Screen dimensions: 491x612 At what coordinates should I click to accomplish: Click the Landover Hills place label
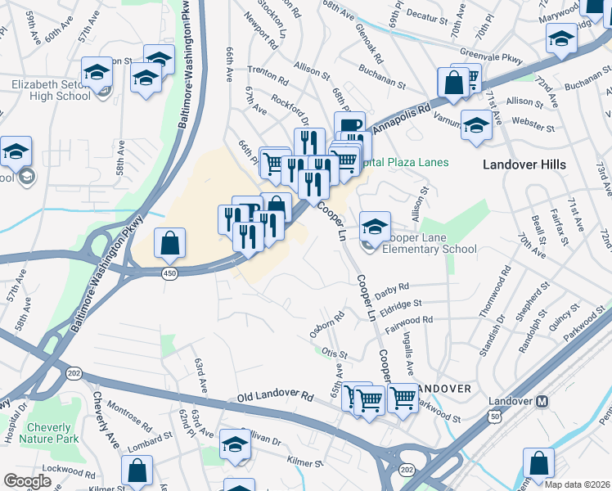524,164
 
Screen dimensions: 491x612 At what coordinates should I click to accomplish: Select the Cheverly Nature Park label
53,433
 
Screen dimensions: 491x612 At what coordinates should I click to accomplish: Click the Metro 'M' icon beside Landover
542,402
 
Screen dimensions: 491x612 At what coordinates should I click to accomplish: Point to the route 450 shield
169,272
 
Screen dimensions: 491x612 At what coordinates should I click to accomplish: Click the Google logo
28,481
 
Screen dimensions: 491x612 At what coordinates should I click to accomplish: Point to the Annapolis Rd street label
403,119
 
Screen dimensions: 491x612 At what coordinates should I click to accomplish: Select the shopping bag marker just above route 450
169,242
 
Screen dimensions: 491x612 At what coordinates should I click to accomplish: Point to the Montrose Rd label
129,417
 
